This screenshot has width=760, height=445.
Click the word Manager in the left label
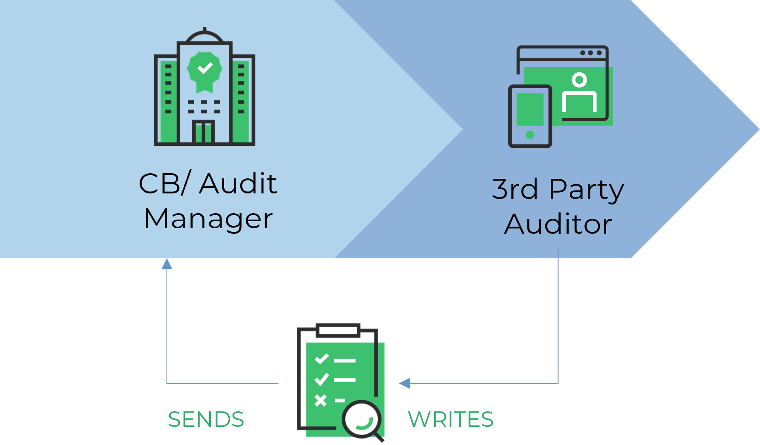pyautogui.click(x=208, y=219)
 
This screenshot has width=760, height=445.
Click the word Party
pyautogui.click(x=586, y=190)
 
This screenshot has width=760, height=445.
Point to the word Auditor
pyautogui.click(x=558, y=224)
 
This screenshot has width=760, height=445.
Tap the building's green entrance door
pyautogui.click(x=204, y=133)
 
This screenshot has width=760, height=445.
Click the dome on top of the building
pyautogui.click(x=204, y=36)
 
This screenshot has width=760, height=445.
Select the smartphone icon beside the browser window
pyautogui.click(x=530, y=116)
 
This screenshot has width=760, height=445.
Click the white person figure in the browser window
pyautogui.click(x=579, y=93)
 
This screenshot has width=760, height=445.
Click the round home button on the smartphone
pyautogui.click(x=530, y=135)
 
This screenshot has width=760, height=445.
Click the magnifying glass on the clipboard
pyautogui.click(x=362, y=420)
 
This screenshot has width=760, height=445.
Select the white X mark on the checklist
pyautogui.click(x=320, y=400)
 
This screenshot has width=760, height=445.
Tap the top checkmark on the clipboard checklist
pyautogui.click(x=321, y=359)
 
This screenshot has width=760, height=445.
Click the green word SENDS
pyautogui.click(x=206, y=422)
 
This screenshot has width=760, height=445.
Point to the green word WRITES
pyautogui.click(x=450, y=422)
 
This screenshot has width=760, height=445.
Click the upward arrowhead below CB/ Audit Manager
pyautogui.click(x=167, y=264)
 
